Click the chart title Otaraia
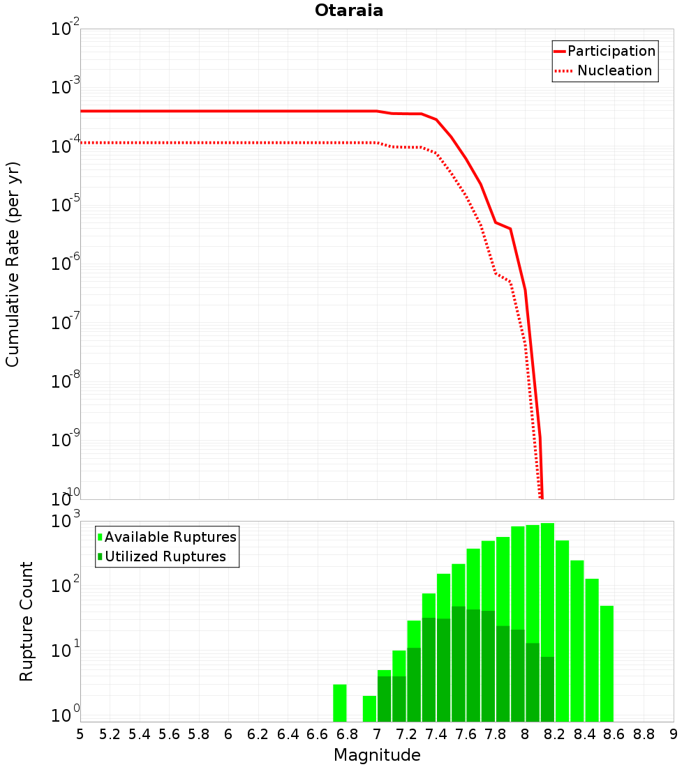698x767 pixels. click(x=349, y=10)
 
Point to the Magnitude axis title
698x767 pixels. click(x=377, y=755)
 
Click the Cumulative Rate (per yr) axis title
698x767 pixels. click(x=13, y=264)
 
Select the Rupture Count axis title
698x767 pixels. click(x=27, y=621)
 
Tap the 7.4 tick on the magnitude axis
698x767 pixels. click(x=436, y=734)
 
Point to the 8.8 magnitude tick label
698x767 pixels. click(x=644, y=734)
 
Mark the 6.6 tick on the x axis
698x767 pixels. click(x=318, y=734)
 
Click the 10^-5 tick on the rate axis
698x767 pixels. click(x=66, y=205)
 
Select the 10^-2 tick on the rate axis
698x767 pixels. click(x=66, y=29)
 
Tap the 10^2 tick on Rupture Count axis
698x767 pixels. click(x=67, y=586)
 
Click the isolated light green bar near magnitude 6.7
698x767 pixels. click(x=340, y=703)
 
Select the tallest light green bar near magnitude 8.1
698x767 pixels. click(x=547, y=593)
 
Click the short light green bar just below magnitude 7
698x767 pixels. click(x=369, y=708)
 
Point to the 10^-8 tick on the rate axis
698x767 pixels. click(x=66, y=381)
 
